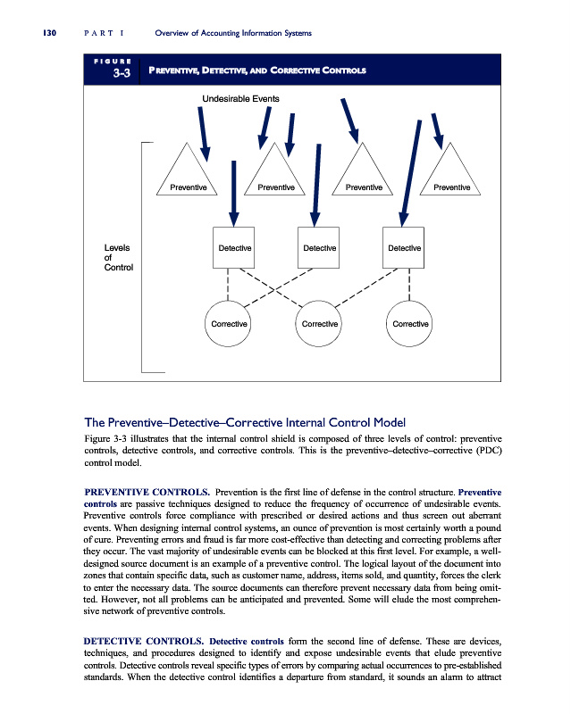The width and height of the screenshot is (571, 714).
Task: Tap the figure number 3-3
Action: [x=122, y=75]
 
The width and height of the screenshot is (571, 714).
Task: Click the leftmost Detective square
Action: [x=235, y=246]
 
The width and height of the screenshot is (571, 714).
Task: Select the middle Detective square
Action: [x=319, y=246]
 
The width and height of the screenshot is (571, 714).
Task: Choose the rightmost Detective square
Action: [x=405, y=246]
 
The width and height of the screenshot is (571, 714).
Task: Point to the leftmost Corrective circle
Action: [x=228, y=323]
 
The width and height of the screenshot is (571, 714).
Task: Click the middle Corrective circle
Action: [x=319, y=323]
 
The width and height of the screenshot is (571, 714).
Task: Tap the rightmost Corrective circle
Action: [x=411, y=323]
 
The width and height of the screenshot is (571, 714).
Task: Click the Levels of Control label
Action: [x=118, y=256]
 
